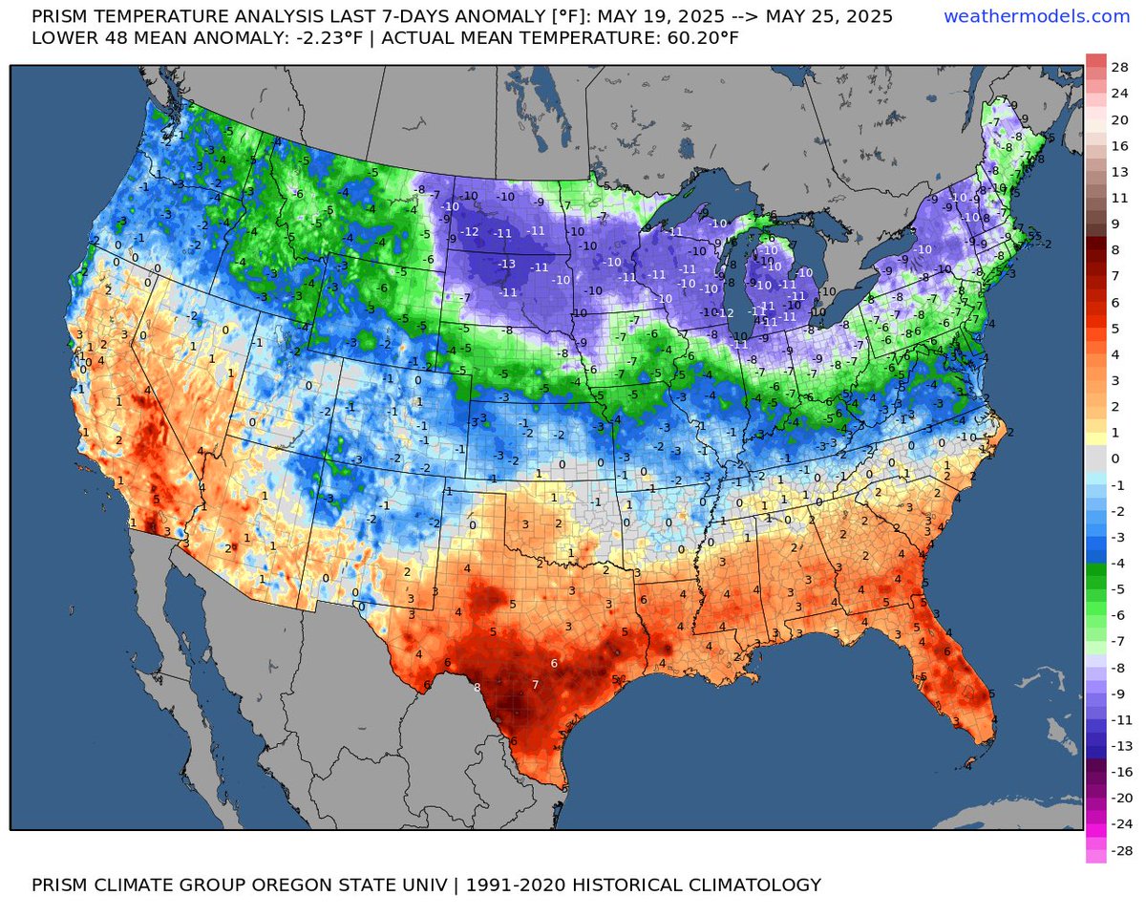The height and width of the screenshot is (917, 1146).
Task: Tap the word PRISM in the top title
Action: pos(62,16)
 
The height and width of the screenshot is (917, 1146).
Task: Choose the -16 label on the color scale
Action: pos(1120,771)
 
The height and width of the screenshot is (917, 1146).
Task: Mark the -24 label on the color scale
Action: pos(1120,823)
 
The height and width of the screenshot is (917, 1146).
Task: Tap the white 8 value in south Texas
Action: pos(477,687)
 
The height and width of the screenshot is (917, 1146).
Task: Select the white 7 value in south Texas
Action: pos(536,685)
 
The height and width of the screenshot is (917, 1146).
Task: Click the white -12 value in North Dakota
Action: pos(469,232)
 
